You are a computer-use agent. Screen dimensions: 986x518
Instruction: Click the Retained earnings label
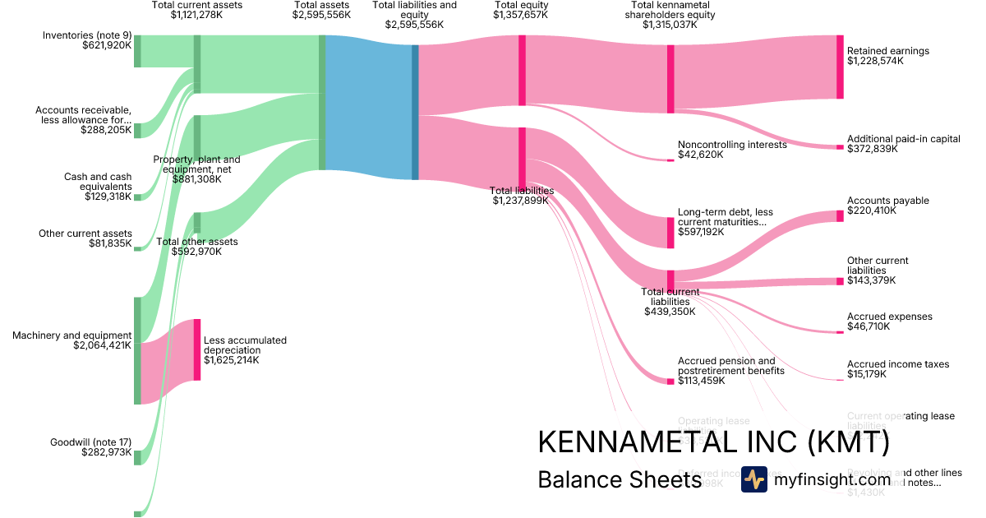pos(887,51)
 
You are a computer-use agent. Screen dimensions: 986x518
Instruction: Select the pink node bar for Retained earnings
pos(840,67)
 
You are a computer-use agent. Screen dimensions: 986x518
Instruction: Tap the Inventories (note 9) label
pos(87,35)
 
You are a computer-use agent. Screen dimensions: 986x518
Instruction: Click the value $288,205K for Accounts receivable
pos(106,130)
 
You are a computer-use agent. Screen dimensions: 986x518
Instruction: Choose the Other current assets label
pos(85,234)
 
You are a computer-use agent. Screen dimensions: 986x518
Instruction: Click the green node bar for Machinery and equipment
pos(137,350)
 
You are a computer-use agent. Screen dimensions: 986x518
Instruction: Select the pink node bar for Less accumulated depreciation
pos(197,349)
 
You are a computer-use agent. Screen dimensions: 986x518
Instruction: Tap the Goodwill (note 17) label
pos(90,442)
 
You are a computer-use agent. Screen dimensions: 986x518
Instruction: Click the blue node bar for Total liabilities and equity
pos(415,112)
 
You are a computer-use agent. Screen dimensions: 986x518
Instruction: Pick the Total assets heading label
pos(321,5)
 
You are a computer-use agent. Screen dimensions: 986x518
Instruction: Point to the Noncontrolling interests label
pos(732,145)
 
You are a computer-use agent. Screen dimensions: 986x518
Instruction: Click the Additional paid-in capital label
pos(903,139)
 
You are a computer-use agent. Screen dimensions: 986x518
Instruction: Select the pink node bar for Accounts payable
pos(840,215)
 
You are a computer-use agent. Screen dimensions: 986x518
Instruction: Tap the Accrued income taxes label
pos(898,364)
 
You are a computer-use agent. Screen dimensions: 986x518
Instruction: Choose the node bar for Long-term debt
pos(670,232)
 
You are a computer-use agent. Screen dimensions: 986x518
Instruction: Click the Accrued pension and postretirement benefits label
pos(726,366)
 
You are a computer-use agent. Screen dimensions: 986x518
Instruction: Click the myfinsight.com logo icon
pos(753,479)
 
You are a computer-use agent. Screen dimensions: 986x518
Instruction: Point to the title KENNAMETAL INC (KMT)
pos(713,442)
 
